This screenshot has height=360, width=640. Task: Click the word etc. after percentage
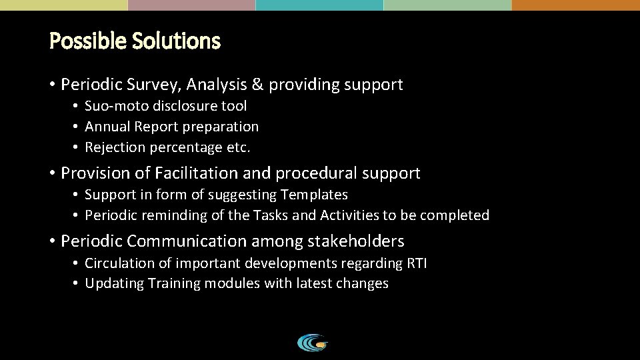[x=237, y=147]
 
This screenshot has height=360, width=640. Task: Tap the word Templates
[x=315, y=195]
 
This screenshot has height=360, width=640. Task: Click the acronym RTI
[x=416, y=263]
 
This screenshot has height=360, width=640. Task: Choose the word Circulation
[x=117, y=263]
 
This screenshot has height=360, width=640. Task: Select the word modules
[x=233, y=284]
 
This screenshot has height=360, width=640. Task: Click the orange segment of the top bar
[x=576, y=5]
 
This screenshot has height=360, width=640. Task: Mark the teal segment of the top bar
[x=319, y=5]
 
